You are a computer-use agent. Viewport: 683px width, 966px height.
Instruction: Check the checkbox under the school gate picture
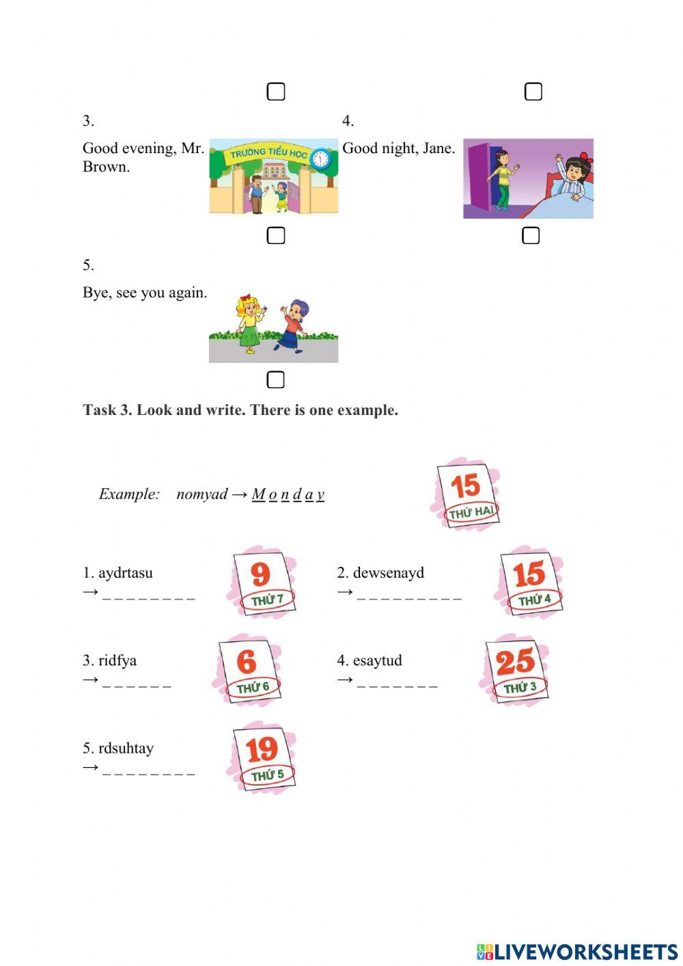(x=275, y=235)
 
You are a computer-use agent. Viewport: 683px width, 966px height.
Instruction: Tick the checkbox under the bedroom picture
(x=531, y=235)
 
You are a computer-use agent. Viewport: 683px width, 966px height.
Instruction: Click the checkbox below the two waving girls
(x=275, y=379)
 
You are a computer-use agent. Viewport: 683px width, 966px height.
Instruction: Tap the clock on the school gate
(x=320, y=159)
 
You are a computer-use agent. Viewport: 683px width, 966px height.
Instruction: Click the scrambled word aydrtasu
(x=125, y=573)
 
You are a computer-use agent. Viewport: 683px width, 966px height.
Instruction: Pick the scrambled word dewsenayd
(x=388, y=573)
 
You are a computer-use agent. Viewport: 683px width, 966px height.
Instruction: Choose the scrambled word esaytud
(x=377, y=660)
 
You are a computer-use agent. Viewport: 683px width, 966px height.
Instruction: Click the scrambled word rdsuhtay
(x=126, y=748)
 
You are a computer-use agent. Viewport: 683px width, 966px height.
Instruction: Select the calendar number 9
(x=260, y=574)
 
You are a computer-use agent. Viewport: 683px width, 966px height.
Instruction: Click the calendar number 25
(x=515, y=662)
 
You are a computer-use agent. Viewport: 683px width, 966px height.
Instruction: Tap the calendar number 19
(x=262, y=749)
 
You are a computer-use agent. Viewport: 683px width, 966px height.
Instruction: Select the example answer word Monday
(x=288, y=494)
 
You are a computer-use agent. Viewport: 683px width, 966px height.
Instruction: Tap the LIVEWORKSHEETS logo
(x=577, y=951)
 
